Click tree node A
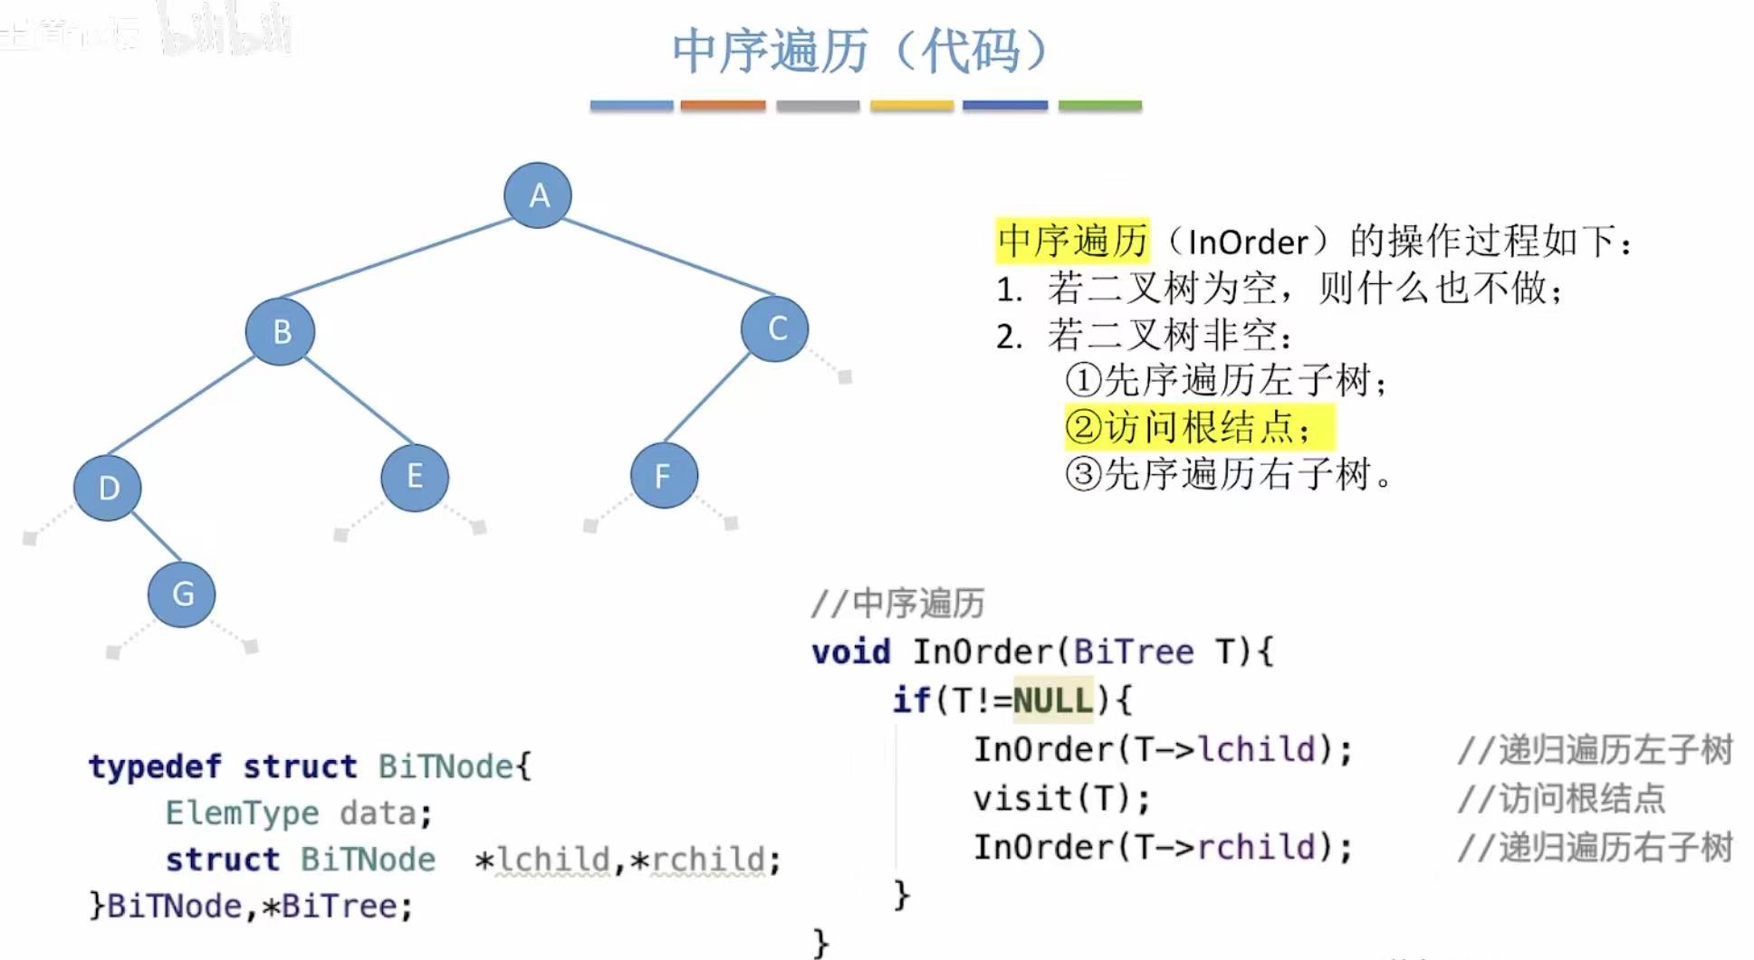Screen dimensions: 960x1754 click(x=538, y=195)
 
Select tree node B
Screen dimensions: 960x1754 click(x=281, y=331)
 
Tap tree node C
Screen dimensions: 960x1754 click(x=775, y=328)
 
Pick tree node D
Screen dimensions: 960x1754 click(x=108, y=488)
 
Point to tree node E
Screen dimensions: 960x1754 click(x=415, y=477)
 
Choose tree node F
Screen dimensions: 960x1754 click(x=664, y=475)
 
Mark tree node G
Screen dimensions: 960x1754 click(x=182, y=594)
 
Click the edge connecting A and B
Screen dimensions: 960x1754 click(x=398, y=259)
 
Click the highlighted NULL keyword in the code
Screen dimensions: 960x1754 click(x=1053, y=700)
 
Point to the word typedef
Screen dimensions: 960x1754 click(x=155, y=766)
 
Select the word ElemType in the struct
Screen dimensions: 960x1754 click(x=242, y=813)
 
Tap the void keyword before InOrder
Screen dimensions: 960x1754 click(x=851, y=651)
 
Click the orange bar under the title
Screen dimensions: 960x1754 click(x=723, y=106)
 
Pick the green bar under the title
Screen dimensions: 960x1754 click(x=1099, y=106)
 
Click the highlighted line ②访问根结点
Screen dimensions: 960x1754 click(x=1198, y=427)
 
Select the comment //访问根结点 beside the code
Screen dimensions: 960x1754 click(x=1561, y=799)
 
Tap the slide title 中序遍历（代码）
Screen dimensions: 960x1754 click(x=860, y=51)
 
